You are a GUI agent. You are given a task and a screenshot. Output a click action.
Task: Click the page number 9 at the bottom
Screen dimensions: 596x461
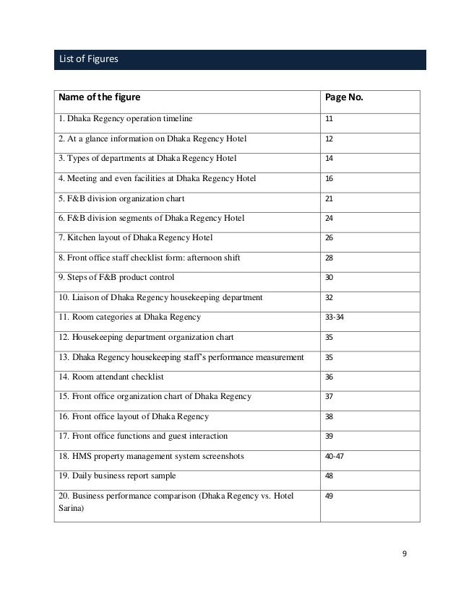(405, 553)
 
